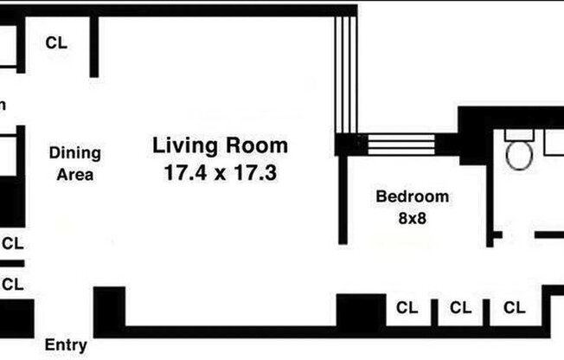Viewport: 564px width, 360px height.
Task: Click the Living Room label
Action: coord(220,145)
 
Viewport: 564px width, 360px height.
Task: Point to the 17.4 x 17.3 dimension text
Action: coord(220,172)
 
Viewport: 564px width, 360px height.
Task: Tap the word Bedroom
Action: coord(412,196)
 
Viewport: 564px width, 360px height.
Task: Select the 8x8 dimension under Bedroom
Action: coord(412,218)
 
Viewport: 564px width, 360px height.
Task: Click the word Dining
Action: coord(74,153)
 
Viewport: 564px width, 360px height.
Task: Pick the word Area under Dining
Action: coord(74,174)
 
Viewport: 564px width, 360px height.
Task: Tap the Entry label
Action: coord(66,346)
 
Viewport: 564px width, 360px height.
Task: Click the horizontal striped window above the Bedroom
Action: coord(403,144)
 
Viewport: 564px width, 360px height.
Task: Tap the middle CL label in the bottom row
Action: coord(460,307)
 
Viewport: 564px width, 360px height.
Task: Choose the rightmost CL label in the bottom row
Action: coord(515,307)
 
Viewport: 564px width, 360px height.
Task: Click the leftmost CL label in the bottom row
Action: coord(407,307)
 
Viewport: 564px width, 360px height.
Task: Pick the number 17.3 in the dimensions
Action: coord(257,172)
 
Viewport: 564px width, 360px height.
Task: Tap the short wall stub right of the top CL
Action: coord(94,48)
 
